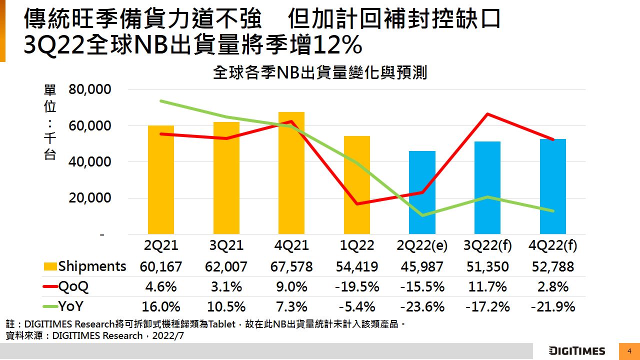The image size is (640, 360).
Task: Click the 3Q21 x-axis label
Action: (226, 246)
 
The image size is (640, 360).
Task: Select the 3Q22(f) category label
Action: (487, 246)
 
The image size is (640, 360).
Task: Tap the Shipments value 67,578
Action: (291, 266)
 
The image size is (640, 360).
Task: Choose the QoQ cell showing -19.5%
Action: (357, 286)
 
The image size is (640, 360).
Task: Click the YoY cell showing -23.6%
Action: (422, 306)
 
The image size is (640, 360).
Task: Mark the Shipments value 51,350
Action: (487, 266)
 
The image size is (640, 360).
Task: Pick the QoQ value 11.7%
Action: (487, 286)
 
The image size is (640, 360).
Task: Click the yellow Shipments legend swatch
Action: (50, 266)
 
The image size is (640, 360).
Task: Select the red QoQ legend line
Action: (50, 286)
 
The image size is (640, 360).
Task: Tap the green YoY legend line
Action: (50, 306)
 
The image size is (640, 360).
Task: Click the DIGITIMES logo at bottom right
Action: (576, 351)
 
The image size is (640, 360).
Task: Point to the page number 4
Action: (629, 351)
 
